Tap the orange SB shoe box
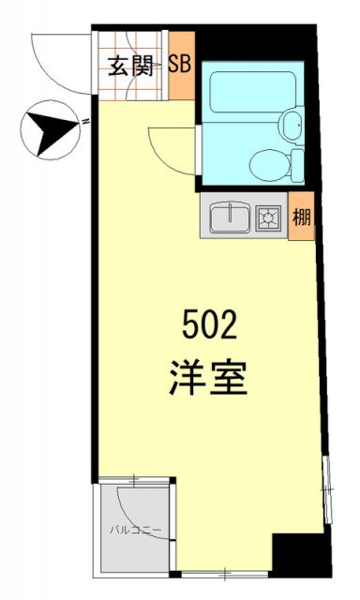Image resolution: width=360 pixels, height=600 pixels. click(x=180, y=66)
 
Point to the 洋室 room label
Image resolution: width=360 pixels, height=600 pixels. click(x=209, y=378)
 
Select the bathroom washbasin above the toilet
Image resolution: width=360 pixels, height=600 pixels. click(x=292, y=122)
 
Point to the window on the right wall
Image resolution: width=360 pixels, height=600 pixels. click(x=326, y=492)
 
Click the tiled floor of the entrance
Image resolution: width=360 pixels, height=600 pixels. click(x=117, y=84)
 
